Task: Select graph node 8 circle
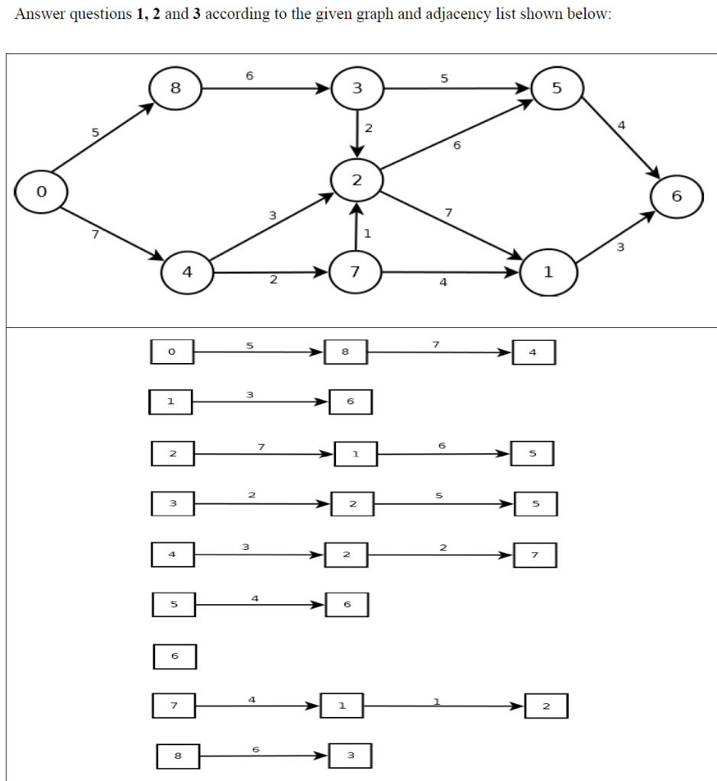pos(175,88)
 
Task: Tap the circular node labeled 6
pos(676,196)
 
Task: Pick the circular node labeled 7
pos(355,271)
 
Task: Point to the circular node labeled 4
pos(187,271)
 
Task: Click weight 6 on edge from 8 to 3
pos(249,76)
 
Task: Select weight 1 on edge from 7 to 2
pos(368,233)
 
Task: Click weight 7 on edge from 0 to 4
pos(95,234)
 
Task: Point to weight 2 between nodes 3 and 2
pos(368,128)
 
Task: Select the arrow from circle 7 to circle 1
pos(451,272)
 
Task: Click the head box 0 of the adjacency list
pos(172,352)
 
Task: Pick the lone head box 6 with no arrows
pos(175,656)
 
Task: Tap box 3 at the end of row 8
pos(350,755)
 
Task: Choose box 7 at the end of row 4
pos(535,555)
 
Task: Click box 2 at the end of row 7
pos(546,705)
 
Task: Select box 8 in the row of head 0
pos(345,352)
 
